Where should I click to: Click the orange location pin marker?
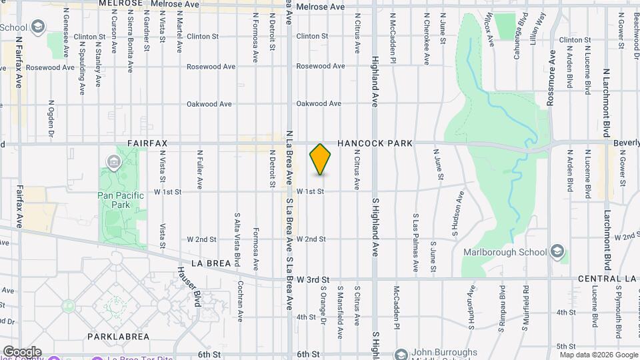coord(320,159)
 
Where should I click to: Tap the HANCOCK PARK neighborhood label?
coord(375,143)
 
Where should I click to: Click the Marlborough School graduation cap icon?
coord(558,252)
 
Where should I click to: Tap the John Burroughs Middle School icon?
coord(401,354)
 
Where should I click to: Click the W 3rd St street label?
coord(313,278)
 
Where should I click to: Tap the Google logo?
coord(21,352)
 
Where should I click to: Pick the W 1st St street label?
coord(310,191)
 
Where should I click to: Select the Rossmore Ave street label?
coord(552,65)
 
